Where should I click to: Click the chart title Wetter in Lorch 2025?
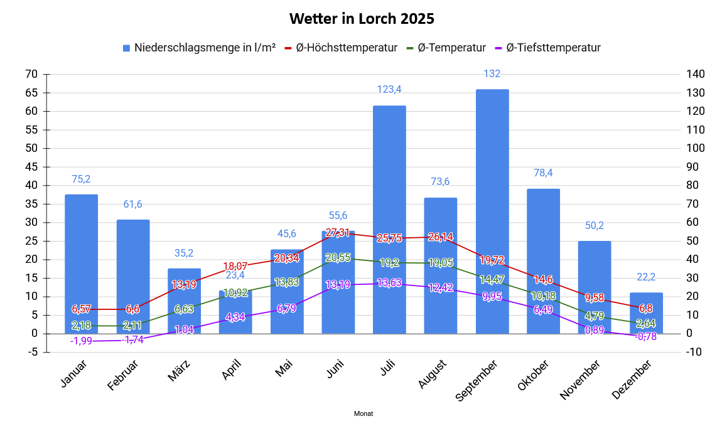click(x=362, y=19)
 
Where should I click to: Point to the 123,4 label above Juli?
click(x=389, y=89)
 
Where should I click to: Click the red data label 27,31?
click(x=338, y=233)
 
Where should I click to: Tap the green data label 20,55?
click(x=338, y=257)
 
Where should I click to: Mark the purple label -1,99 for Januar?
click(x=81, y=341)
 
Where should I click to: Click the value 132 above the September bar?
click(x=492, y=74)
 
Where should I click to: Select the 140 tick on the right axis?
click(x=696, y=75)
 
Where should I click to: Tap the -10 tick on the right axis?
click(x=694, y=352)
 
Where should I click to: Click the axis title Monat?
click(x=363, y=414)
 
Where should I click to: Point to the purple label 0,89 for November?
click(x=595, y=331)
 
